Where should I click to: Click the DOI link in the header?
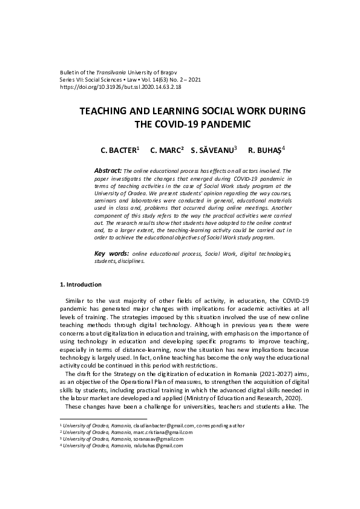(120, 86)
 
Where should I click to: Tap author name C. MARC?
(165, 149)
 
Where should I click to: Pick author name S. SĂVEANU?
(212, 149)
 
